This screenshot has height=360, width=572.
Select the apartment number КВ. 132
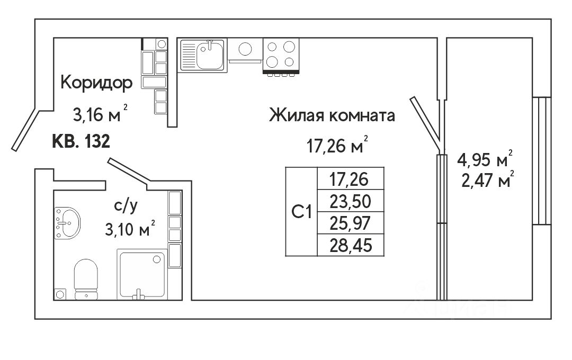click(81, 142)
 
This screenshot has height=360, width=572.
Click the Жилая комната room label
click(332, 115)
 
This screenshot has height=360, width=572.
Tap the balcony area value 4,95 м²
click(485, 159)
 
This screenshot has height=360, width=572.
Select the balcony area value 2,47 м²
click(485, 182)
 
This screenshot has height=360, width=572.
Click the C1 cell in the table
click(301, 211)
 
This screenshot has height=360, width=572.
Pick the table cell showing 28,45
click(350, 246)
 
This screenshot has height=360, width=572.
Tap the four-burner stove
click(280, 55)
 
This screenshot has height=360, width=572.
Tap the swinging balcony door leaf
click(425, 121)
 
